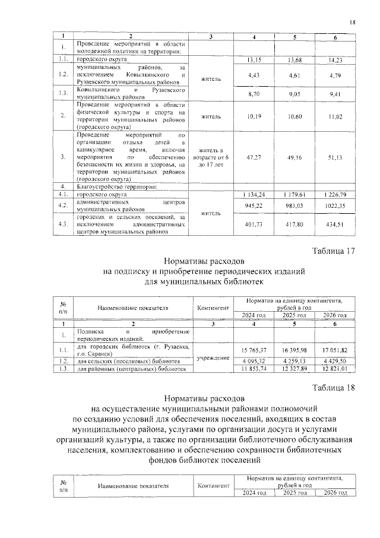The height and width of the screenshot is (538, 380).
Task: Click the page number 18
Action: (x=352, y=23)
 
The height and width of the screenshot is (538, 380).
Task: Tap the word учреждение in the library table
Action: (x=211, y=359)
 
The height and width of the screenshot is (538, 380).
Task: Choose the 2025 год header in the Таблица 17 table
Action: (x=294, y=315)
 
